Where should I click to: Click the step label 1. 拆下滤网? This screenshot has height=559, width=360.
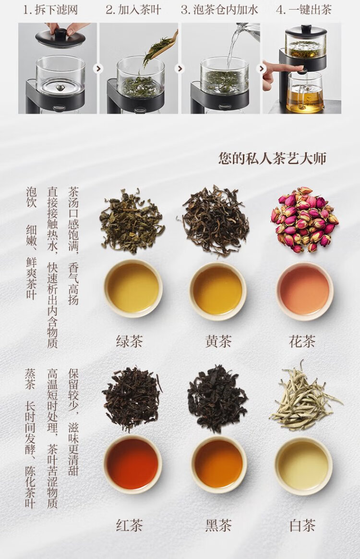pyautogui.click(x=50, y=10)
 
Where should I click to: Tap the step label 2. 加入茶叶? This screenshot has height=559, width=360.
pyautogui.click(x=133, y=10)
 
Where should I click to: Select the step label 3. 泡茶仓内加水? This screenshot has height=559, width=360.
pyautogui.click(x=219, y=10)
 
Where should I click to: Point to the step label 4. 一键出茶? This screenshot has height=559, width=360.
pyautogui.click(x=304, y=10)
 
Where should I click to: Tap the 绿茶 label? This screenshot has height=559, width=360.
pyautogui.click(x=129, y=341)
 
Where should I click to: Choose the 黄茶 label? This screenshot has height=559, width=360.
pyautogui.click(x=218, y=341)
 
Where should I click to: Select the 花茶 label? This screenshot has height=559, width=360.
pyautogui.click(x=302, y=341)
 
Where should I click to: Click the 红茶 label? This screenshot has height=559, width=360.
pyautogui.click(x=129, y=525)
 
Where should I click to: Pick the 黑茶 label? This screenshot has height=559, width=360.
pyautogui.click(x=218, y=525)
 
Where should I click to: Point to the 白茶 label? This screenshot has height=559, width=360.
pyautogui.click(x=302, y=525)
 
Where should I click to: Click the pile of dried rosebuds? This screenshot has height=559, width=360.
pyautogui.click(x=304, y=219)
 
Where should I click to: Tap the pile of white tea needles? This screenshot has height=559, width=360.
pyautogui.click(x=305, y=396)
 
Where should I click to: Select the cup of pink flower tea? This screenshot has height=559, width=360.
pyautogui.click(x=304, y=290)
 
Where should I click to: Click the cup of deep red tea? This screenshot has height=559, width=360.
pyautogui.click(x=132, y=464)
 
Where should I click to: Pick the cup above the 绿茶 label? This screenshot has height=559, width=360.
pyautogui.click(x=133, y=288)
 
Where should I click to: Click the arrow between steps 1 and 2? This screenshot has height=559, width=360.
pyautogui.click(x=98, y=69)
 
